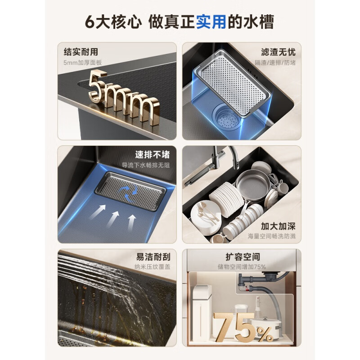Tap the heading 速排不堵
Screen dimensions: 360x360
[x=153, y=155]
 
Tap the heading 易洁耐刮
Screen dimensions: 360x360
[x=153, y=257]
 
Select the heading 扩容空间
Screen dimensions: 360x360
[x=243, y=257]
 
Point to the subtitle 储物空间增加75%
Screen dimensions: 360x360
[x=243, y=267]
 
